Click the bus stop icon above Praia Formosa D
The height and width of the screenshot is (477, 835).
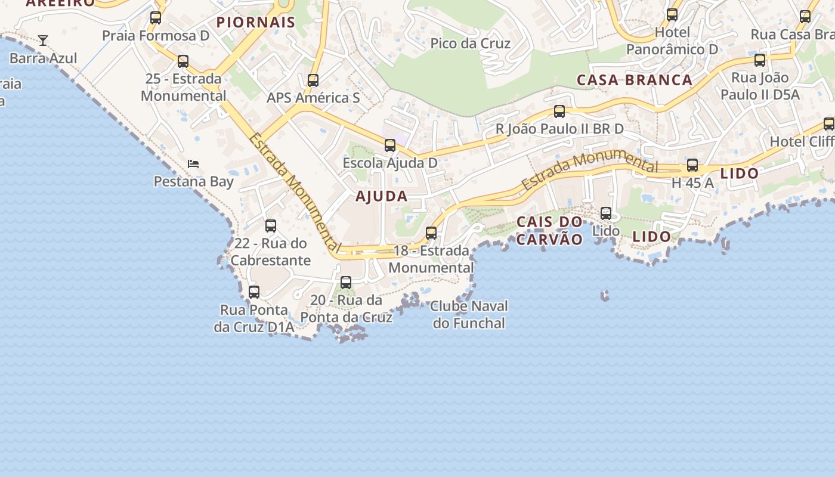(x=156, y=18)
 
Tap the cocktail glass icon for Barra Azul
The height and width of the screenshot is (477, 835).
(x=43, y=41)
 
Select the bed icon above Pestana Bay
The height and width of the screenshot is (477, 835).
(x=193, y=163)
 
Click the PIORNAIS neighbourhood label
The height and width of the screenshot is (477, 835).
(x=256, y=23)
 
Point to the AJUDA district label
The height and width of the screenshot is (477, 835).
(x=382, y=196)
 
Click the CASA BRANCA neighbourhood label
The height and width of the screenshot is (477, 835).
(x=635, y=80)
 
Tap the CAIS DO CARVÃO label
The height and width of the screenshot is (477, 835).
(x=549, y=231)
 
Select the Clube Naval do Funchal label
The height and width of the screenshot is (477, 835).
(x=469, y=315)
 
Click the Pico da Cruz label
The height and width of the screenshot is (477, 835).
(x=471, y=44)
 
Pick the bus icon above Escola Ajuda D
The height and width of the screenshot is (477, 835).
(x=390, y=145)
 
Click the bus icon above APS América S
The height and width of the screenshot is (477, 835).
(x=313, y=80)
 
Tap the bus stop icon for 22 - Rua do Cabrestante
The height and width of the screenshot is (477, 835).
(x=271, y=226)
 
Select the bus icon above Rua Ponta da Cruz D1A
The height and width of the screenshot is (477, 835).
(x=254, y=292)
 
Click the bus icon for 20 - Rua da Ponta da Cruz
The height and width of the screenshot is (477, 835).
(x=346, y=283)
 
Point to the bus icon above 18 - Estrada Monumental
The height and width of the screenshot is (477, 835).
(x=431, y=233)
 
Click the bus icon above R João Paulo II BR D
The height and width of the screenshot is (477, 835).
(x=559, y=111)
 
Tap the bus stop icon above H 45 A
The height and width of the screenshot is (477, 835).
(x=692, y=165)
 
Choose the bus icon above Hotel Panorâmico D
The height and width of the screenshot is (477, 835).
(x=672, y=15)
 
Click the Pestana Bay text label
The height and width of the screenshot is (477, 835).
(x=194, y=181)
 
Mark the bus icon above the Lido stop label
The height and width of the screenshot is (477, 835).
(x=606, y=213)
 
